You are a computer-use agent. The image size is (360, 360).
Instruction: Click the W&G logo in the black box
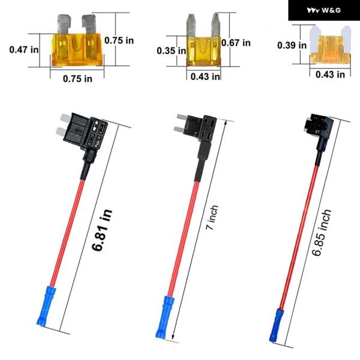pos(323,10)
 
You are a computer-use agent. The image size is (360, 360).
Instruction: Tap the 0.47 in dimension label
pos(24,50)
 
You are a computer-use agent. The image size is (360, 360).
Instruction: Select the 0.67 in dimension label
pos(236,43)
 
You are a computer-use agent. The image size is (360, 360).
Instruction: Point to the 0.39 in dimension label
pos(292,45)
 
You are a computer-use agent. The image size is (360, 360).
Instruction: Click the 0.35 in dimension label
pos(171,51)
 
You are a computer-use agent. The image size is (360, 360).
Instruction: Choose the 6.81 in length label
pos(102,230)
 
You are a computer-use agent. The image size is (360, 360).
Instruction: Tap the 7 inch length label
pos(212,217)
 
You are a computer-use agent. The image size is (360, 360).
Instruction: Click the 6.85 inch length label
pos(322,232)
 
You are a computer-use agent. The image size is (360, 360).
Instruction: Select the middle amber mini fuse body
pos(204,52)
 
